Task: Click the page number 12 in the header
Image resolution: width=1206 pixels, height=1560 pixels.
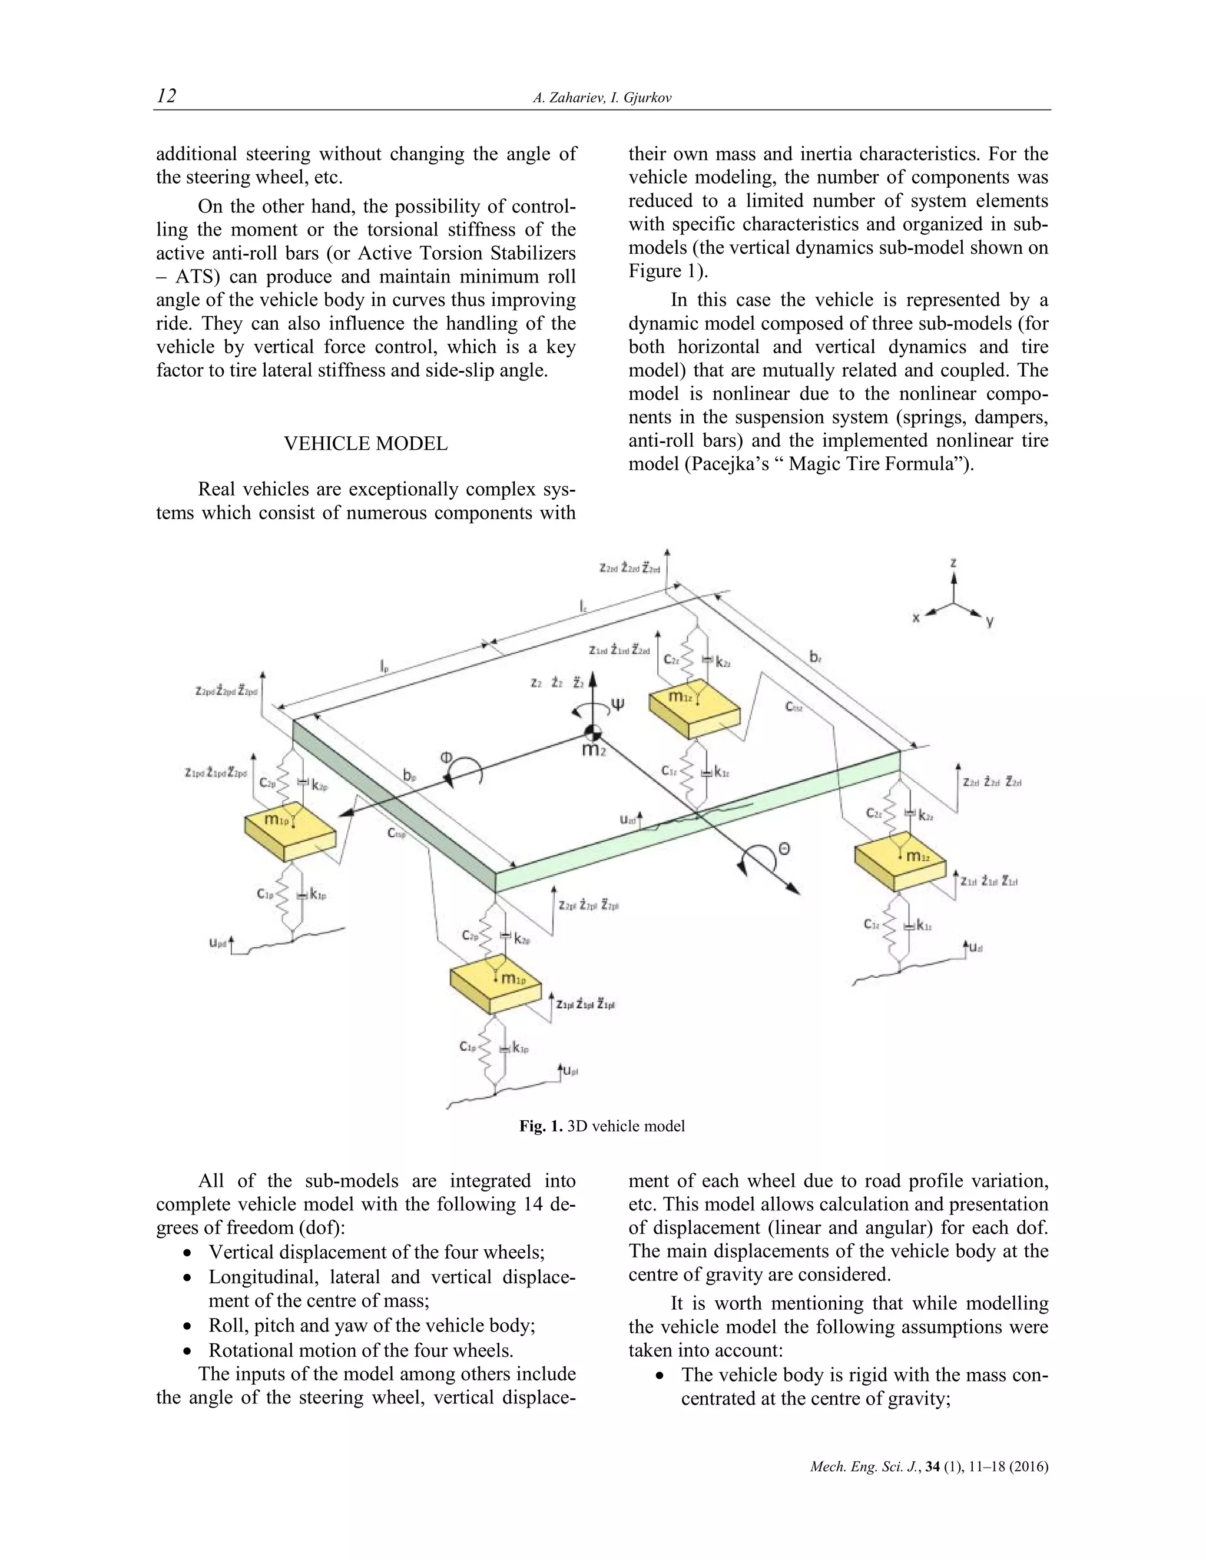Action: point(167,96)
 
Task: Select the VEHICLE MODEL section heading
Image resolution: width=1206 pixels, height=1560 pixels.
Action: point(366,444)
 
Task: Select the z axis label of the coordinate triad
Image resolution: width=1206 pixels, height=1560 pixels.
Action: point(953,563)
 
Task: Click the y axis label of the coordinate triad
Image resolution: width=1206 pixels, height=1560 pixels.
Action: point(989,622)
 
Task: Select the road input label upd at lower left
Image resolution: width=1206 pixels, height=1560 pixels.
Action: point(217,943)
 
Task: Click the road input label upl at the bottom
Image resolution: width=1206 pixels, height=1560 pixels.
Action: point(569,1071)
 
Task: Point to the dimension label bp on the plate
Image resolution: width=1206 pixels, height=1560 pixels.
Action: point(409,776)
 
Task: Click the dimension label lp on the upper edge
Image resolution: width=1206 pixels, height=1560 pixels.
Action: point(385,667)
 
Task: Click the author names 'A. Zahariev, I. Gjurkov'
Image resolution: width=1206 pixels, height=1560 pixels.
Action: point(602,98)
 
